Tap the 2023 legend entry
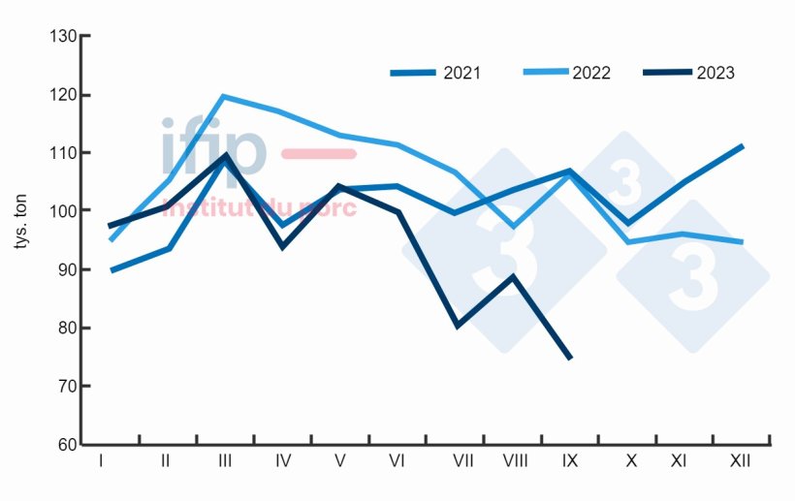688,73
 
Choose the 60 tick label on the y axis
65,445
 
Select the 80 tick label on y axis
65,329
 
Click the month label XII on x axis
738,461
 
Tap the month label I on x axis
101,461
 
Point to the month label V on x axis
339,461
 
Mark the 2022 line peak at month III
224,96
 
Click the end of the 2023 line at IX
570,358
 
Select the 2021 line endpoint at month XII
742,146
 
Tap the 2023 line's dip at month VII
457,326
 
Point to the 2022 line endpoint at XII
742,242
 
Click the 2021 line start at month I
112,270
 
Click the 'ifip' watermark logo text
213,148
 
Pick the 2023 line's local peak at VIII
513,277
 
